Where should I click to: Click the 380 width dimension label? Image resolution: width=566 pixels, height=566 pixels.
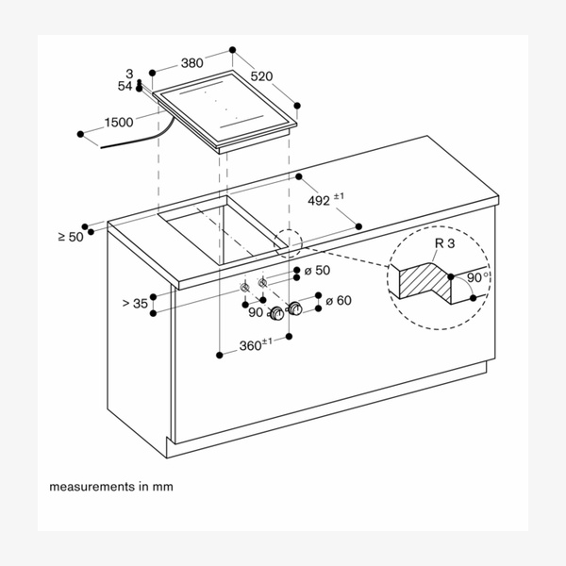[x=192, y=64]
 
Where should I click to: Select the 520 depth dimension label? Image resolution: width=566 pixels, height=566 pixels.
[x=263, y=75]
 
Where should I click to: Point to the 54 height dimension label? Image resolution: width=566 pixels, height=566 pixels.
[x=125, y=86]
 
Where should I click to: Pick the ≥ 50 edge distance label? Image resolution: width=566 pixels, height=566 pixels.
[x=70, y=237]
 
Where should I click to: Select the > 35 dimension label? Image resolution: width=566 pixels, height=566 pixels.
[x=135, y=303]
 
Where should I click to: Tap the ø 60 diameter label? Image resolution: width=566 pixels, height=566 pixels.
[x=338, y=300]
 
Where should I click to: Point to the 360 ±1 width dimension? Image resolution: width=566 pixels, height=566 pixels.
[x=254, y=345]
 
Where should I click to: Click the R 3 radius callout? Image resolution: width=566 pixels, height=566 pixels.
[x=444, y=244]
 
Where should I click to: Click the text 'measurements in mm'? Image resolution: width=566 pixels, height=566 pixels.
[x=111, y=488]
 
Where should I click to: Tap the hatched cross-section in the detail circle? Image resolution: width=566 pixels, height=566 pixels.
[x=427, y=280]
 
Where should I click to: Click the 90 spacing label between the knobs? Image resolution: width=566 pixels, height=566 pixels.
[x=256, y=311]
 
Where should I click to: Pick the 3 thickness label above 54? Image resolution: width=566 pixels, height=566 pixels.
[x=130, y=74]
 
